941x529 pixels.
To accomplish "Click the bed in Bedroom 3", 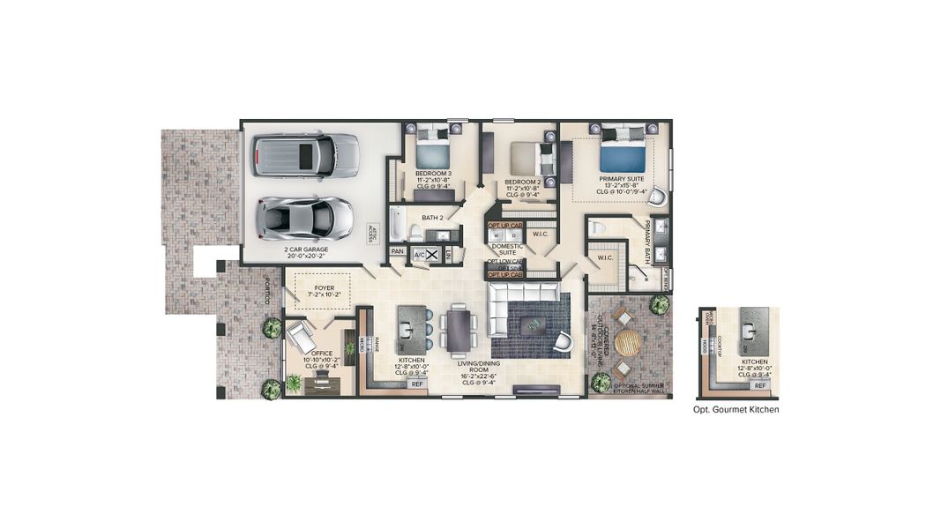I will click(x=432, y=151).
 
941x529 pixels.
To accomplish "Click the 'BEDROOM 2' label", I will click(x=522, y=183).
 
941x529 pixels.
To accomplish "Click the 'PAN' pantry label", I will click(x=398, y=251).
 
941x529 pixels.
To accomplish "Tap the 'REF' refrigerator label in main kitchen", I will click(x=417, y=384).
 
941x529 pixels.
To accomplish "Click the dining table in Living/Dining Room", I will click(x=459, y=329).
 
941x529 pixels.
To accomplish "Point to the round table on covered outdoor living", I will click(x=628, y=342).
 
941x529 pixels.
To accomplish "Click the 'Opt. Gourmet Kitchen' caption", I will click(x=736, y=410).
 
